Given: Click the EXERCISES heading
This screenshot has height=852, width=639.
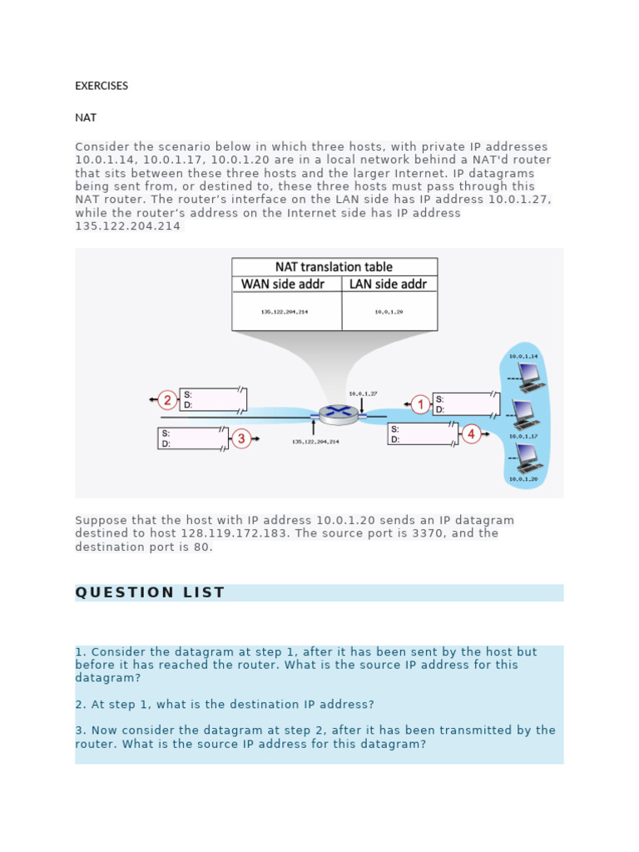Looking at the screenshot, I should coord(102,86).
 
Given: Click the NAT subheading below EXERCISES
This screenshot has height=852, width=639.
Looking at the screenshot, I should coord(86,118).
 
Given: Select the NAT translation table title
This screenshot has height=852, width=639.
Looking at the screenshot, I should coord(334,267).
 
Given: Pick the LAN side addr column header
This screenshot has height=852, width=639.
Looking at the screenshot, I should coord(388,285).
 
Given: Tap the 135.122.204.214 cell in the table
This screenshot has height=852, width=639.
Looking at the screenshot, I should coord(286,312).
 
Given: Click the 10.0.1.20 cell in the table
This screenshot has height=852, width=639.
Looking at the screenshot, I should coord(389,312).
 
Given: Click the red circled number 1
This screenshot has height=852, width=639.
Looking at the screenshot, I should coord(420,404).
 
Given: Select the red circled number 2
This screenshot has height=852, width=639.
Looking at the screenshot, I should coord(167,400).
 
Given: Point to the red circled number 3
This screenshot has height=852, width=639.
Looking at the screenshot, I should coord(240,438).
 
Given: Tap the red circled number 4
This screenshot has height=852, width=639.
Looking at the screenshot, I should coord(471,433).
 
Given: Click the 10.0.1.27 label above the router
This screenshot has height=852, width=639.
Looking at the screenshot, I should coord(363,393).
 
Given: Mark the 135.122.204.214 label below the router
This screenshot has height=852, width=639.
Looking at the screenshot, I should coord(315,442).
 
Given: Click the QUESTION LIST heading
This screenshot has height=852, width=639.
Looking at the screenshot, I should coord(150,592).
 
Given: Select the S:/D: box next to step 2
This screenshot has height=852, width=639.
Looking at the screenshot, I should coord(214,399).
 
